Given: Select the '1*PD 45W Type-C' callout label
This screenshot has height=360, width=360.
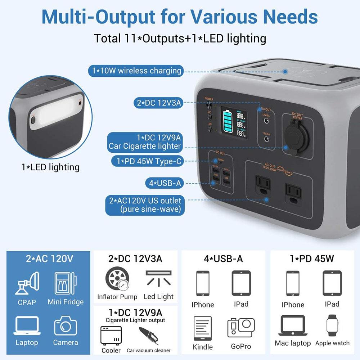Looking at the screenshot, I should pos(149,162).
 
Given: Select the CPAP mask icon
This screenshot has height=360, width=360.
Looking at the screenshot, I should pos(27,284).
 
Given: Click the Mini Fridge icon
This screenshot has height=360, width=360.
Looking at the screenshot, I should pos(65,284).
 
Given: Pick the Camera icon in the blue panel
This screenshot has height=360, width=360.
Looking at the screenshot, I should pos(66,325).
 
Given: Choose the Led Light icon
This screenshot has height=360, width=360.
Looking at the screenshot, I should pos(158,278).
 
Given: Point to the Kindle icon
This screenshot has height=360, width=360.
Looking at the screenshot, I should pos(203,328).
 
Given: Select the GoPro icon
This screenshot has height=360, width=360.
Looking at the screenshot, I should pos(241,328).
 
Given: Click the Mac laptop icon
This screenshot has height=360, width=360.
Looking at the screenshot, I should pos(293,325).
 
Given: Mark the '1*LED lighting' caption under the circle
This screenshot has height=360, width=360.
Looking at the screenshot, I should pos(50,167).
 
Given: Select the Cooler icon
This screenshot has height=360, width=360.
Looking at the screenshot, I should pos(111,336).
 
